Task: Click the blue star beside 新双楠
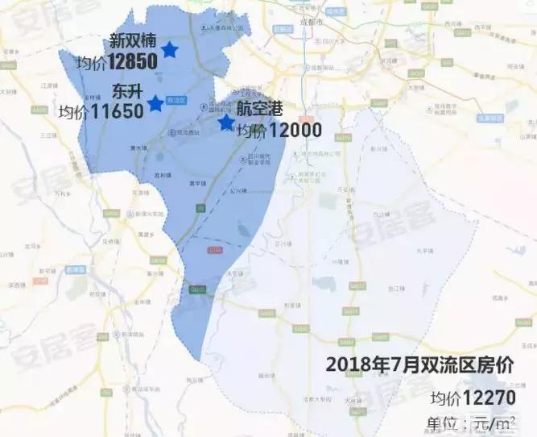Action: [x=169, y=50]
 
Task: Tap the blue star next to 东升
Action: [x=155, y=103]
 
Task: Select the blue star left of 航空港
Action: [x=226, y=123]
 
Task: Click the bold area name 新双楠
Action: [x=134, y=40]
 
